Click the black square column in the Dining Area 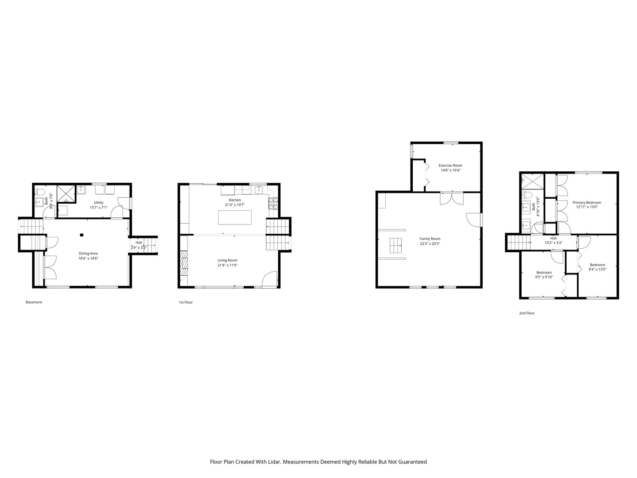point(81,235)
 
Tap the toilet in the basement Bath point(39,192)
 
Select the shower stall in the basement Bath point(66,194)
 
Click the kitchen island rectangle point(235,217)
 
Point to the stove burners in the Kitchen point(273,204)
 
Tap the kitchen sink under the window point(259,190)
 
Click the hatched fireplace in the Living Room point(184,263)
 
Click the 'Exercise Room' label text point(450,166)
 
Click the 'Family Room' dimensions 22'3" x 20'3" point(430,244)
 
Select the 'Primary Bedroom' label point(587,203)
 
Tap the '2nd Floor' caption point(527,313)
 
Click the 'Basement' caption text point(34,302)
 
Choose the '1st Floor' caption point(186,302)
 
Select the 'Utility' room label point(99,203)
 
